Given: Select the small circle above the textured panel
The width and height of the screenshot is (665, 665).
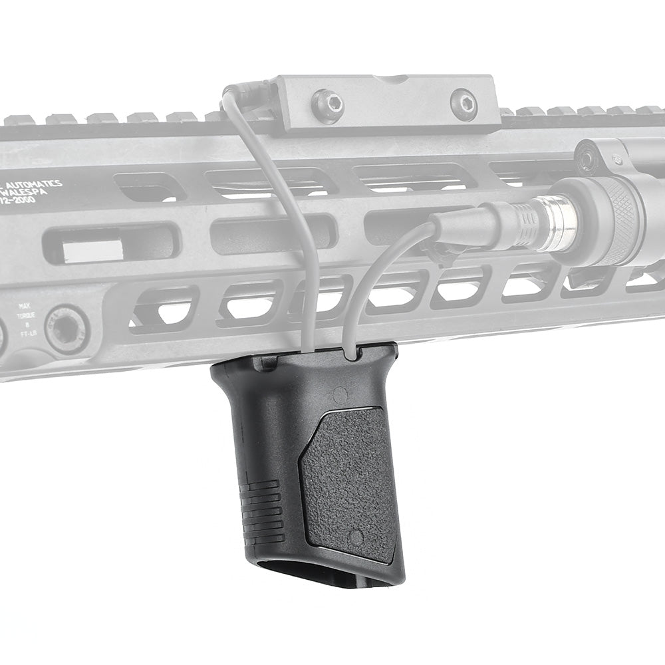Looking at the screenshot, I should coord(340,394).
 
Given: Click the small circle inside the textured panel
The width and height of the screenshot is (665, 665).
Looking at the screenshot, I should coord(356,537).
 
